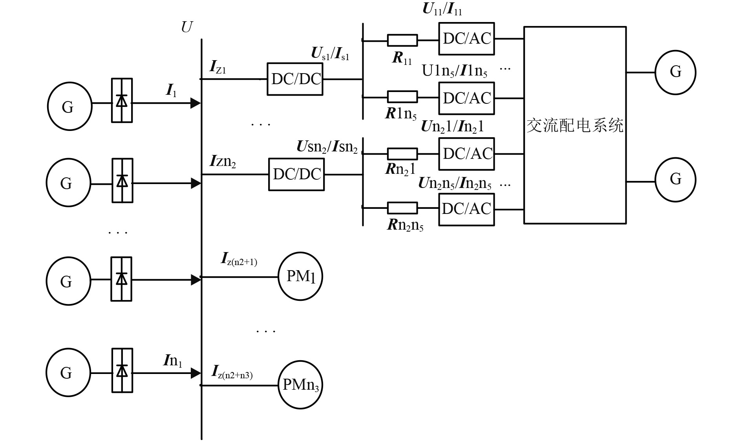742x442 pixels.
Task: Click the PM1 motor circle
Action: tap(300, 277)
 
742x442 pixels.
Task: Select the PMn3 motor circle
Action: tap(300, 385)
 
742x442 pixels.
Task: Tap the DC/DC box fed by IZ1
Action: tap(295, 79)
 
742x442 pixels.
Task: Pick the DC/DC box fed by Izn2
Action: tap(296, 175)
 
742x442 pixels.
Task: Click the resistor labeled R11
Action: tap(402, 40)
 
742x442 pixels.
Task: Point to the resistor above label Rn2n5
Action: tap(402, 208)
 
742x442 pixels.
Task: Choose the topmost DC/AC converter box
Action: tap(466, 39)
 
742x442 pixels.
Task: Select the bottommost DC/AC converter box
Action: tap(466, 209)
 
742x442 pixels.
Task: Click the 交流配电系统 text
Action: tap(575, 126)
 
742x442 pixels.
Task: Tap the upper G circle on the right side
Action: tap(675, 72)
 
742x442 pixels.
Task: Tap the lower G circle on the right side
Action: tap(675, 180)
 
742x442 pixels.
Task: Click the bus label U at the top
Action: tap(186, 27)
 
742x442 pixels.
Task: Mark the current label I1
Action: tap(171, 91)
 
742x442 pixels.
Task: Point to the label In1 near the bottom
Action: tap(173, 361)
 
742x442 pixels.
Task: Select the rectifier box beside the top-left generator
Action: tap(122, 101)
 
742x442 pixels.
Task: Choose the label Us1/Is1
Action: tap(330, 54)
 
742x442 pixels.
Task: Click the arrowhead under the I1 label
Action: tap(196, 103)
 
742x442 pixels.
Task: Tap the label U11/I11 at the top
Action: tap(442, 9)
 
